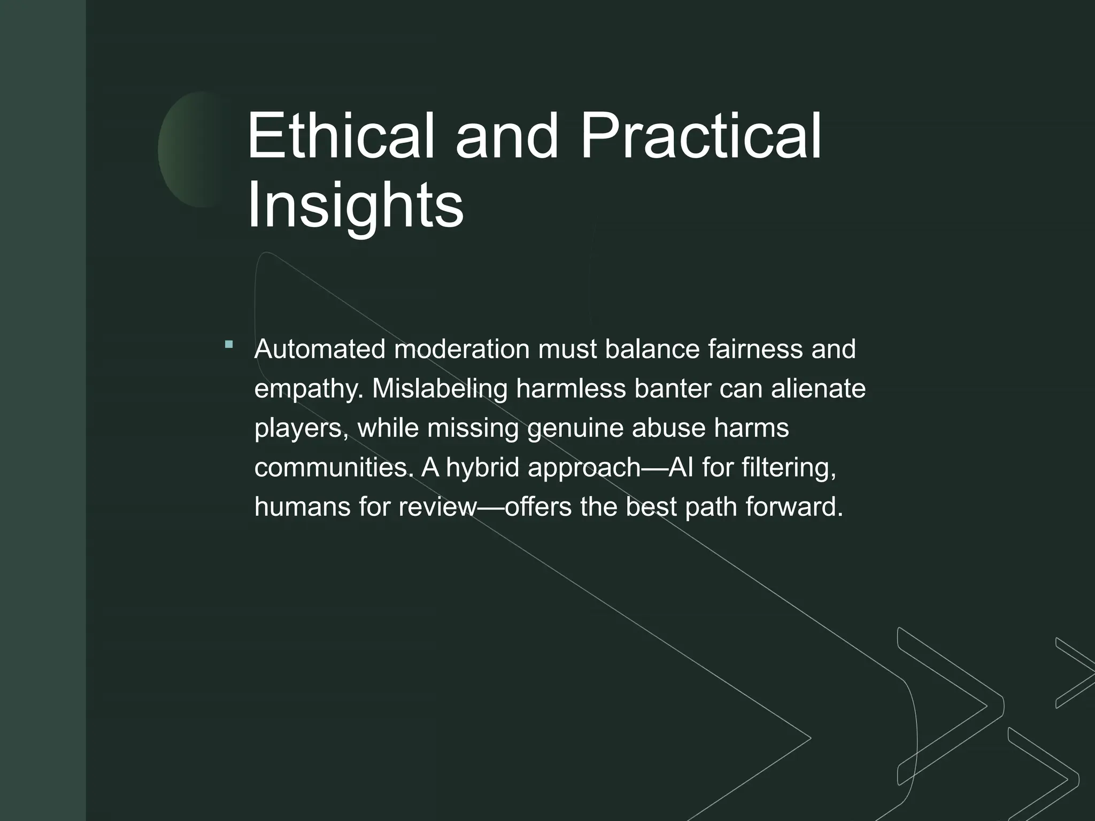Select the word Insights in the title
(x=355, y=206)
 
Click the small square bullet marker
(x=229, y=345)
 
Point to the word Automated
(x=320, y=349)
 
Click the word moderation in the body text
(x=462, y=349)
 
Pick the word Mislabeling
(x=439, y=389)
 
